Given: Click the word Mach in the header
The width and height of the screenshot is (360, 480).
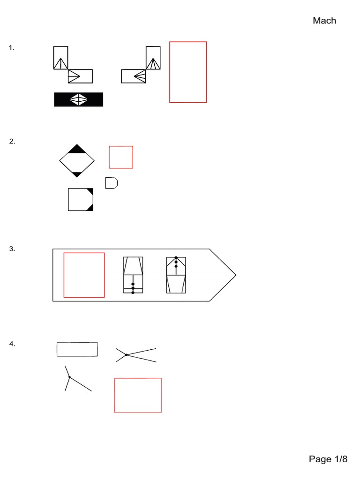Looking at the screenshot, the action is (324, 21).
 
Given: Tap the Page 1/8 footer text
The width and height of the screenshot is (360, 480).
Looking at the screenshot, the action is (328, 459).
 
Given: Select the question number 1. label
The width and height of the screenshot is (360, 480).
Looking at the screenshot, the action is (12, 48).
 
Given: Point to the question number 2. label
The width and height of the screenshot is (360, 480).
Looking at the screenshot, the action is (12, 141).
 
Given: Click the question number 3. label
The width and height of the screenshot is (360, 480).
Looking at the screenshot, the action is (12, 248).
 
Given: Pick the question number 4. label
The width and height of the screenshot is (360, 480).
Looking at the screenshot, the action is (12, 344).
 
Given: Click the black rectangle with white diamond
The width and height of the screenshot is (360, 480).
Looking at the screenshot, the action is (79, 99).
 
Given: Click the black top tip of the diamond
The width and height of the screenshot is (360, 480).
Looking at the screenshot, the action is (77, 144).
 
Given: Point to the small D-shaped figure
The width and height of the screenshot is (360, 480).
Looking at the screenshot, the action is (112, 183).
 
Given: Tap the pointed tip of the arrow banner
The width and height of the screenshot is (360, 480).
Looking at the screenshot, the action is (236, 275).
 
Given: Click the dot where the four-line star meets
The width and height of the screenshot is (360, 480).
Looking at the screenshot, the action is (127, 355).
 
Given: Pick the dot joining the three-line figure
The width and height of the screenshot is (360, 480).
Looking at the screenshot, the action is (69, 377).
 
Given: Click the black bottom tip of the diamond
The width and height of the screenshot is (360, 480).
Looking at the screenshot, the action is (77, 177).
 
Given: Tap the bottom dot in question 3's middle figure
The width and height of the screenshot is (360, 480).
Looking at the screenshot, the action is (133, 292).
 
